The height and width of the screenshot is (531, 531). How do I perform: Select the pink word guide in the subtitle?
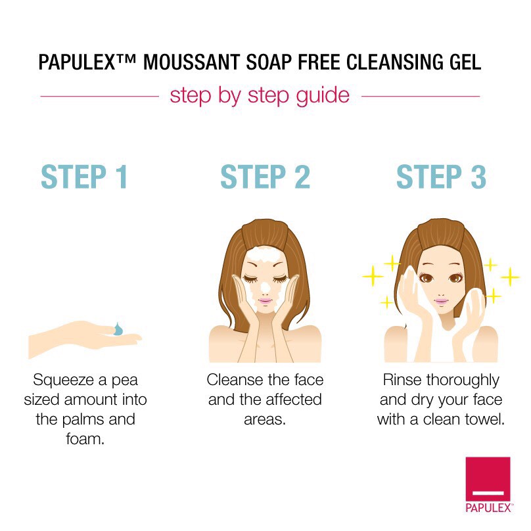[323, 96]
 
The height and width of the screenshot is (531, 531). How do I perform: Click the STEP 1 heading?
[84, 176]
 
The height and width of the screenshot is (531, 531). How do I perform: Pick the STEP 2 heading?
[265, 176]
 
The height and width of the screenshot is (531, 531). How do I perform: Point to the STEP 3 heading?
[441, 176]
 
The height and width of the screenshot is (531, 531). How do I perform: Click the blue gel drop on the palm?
[118, 329]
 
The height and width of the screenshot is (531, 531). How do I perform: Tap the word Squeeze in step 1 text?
[64, 381]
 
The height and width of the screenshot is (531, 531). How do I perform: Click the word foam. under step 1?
[85, 439]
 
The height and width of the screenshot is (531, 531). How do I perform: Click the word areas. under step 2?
[265, 420]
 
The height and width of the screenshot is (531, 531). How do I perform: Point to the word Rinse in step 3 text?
[402, 380]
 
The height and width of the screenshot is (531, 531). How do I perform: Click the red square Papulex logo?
[488, 479]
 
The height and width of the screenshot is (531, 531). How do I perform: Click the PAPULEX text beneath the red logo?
[488, 508]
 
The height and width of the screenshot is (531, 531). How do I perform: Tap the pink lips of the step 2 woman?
[265, 301]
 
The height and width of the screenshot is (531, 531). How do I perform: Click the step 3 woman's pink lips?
[441, 301]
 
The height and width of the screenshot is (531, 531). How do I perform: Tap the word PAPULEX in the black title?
[78, 62]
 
